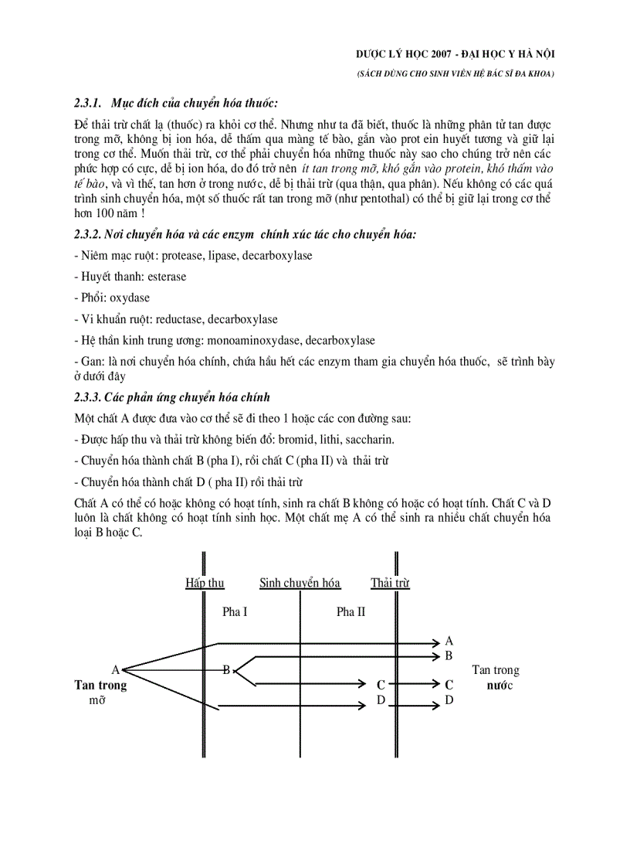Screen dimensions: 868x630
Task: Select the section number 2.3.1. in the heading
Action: (x=89, y=103)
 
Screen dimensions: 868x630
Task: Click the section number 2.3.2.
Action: (x=89, y=234)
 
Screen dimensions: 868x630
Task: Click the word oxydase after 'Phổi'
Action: (x=130, y=298)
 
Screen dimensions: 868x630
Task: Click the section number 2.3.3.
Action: (x=89, y=397)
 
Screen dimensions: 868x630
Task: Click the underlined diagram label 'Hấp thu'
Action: (x=205, y=584)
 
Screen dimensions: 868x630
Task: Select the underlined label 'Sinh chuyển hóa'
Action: (x=300, y=584)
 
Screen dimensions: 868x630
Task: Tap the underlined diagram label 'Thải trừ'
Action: (x=390, y=584)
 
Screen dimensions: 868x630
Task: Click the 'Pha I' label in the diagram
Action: (x=235, y=611)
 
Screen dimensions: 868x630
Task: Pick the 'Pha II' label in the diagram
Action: (x=351, y=611)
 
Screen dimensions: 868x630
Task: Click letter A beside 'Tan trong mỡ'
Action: (x=115, y=669)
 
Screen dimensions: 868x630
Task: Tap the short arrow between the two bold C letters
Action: (x=412, y=684)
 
